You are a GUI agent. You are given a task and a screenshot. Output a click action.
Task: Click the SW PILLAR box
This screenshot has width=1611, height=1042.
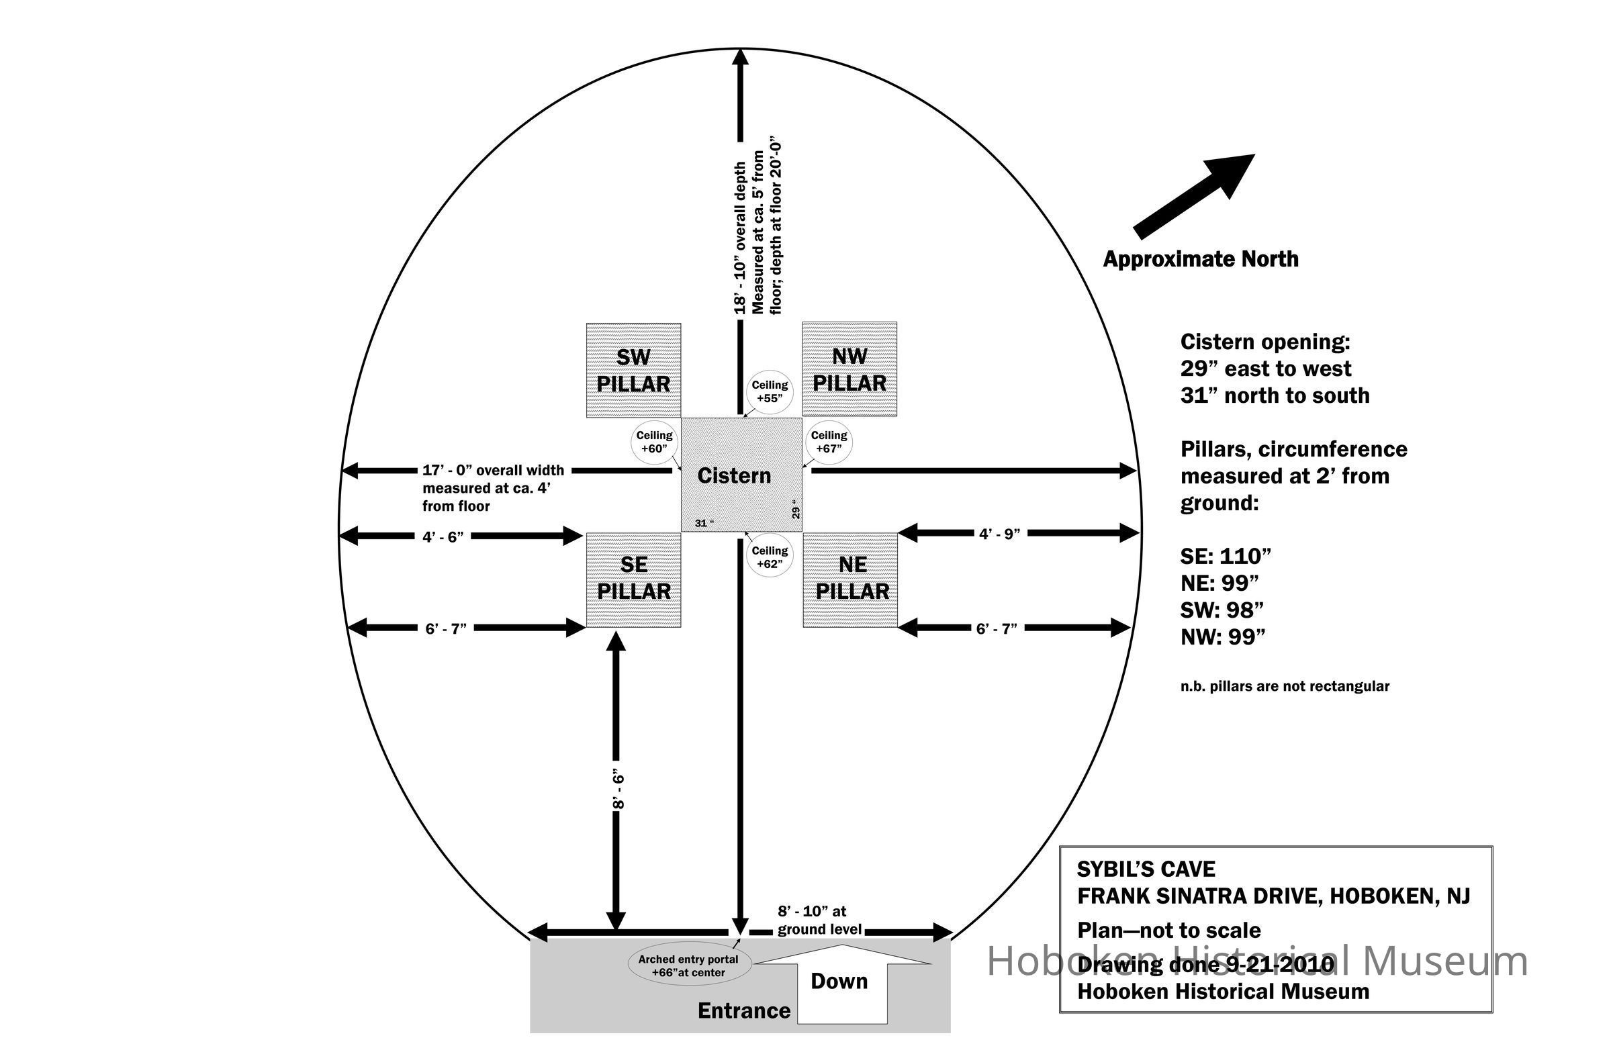click(633, 370)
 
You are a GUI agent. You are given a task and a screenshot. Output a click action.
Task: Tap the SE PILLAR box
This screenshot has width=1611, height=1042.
click(633, 579)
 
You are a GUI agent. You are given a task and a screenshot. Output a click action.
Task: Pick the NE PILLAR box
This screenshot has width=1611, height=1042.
click(849, 579)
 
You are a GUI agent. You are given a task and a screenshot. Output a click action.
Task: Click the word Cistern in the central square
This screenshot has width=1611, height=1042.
click(733, 475)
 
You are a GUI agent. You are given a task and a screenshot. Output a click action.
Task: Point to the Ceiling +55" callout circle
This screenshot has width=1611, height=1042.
click(770, 392)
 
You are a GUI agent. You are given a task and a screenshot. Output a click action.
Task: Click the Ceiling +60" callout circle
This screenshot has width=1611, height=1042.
click(653, 442)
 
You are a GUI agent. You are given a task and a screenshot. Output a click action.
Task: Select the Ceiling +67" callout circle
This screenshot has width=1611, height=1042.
click(828, 442)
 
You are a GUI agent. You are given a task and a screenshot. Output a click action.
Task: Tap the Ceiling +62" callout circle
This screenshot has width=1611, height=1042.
click(770, 557)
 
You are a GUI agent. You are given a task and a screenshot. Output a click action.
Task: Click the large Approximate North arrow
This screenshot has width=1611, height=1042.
click(1193, 195)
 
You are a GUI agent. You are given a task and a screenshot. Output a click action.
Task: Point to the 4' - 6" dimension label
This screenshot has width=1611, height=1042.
click(443, 536)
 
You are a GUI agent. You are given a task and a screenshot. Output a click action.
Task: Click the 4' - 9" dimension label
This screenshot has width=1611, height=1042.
click(999, 534)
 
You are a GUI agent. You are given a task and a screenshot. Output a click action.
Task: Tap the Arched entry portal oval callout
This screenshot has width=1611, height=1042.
click(688, 965)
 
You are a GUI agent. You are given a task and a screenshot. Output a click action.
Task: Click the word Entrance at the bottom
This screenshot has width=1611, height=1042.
click(743, 1010)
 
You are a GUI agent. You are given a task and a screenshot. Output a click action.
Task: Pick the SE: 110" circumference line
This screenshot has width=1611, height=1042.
click(1226, 556)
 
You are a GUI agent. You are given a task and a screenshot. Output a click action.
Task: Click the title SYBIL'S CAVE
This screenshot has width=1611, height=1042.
click(1146, 869)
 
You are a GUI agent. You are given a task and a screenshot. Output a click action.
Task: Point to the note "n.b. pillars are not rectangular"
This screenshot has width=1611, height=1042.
click(1284, 686)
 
